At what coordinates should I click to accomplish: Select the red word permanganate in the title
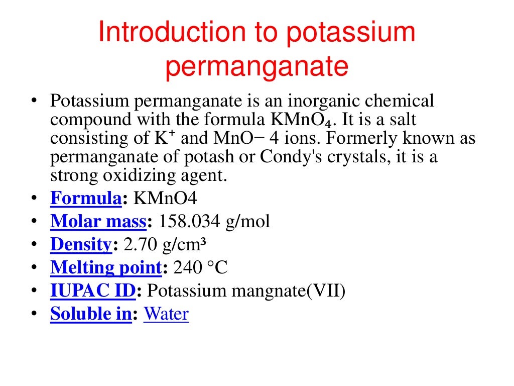(256, 66)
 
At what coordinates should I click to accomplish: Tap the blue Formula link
(86, 198)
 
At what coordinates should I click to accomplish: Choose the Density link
(81, 244)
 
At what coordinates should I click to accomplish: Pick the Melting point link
(106, 267)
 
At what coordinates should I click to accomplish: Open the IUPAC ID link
(93, 291)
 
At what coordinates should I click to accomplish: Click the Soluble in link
(91, 314)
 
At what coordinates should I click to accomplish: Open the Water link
(166, 314)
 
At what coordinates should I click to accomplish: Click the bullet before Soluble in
(33, 314)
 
